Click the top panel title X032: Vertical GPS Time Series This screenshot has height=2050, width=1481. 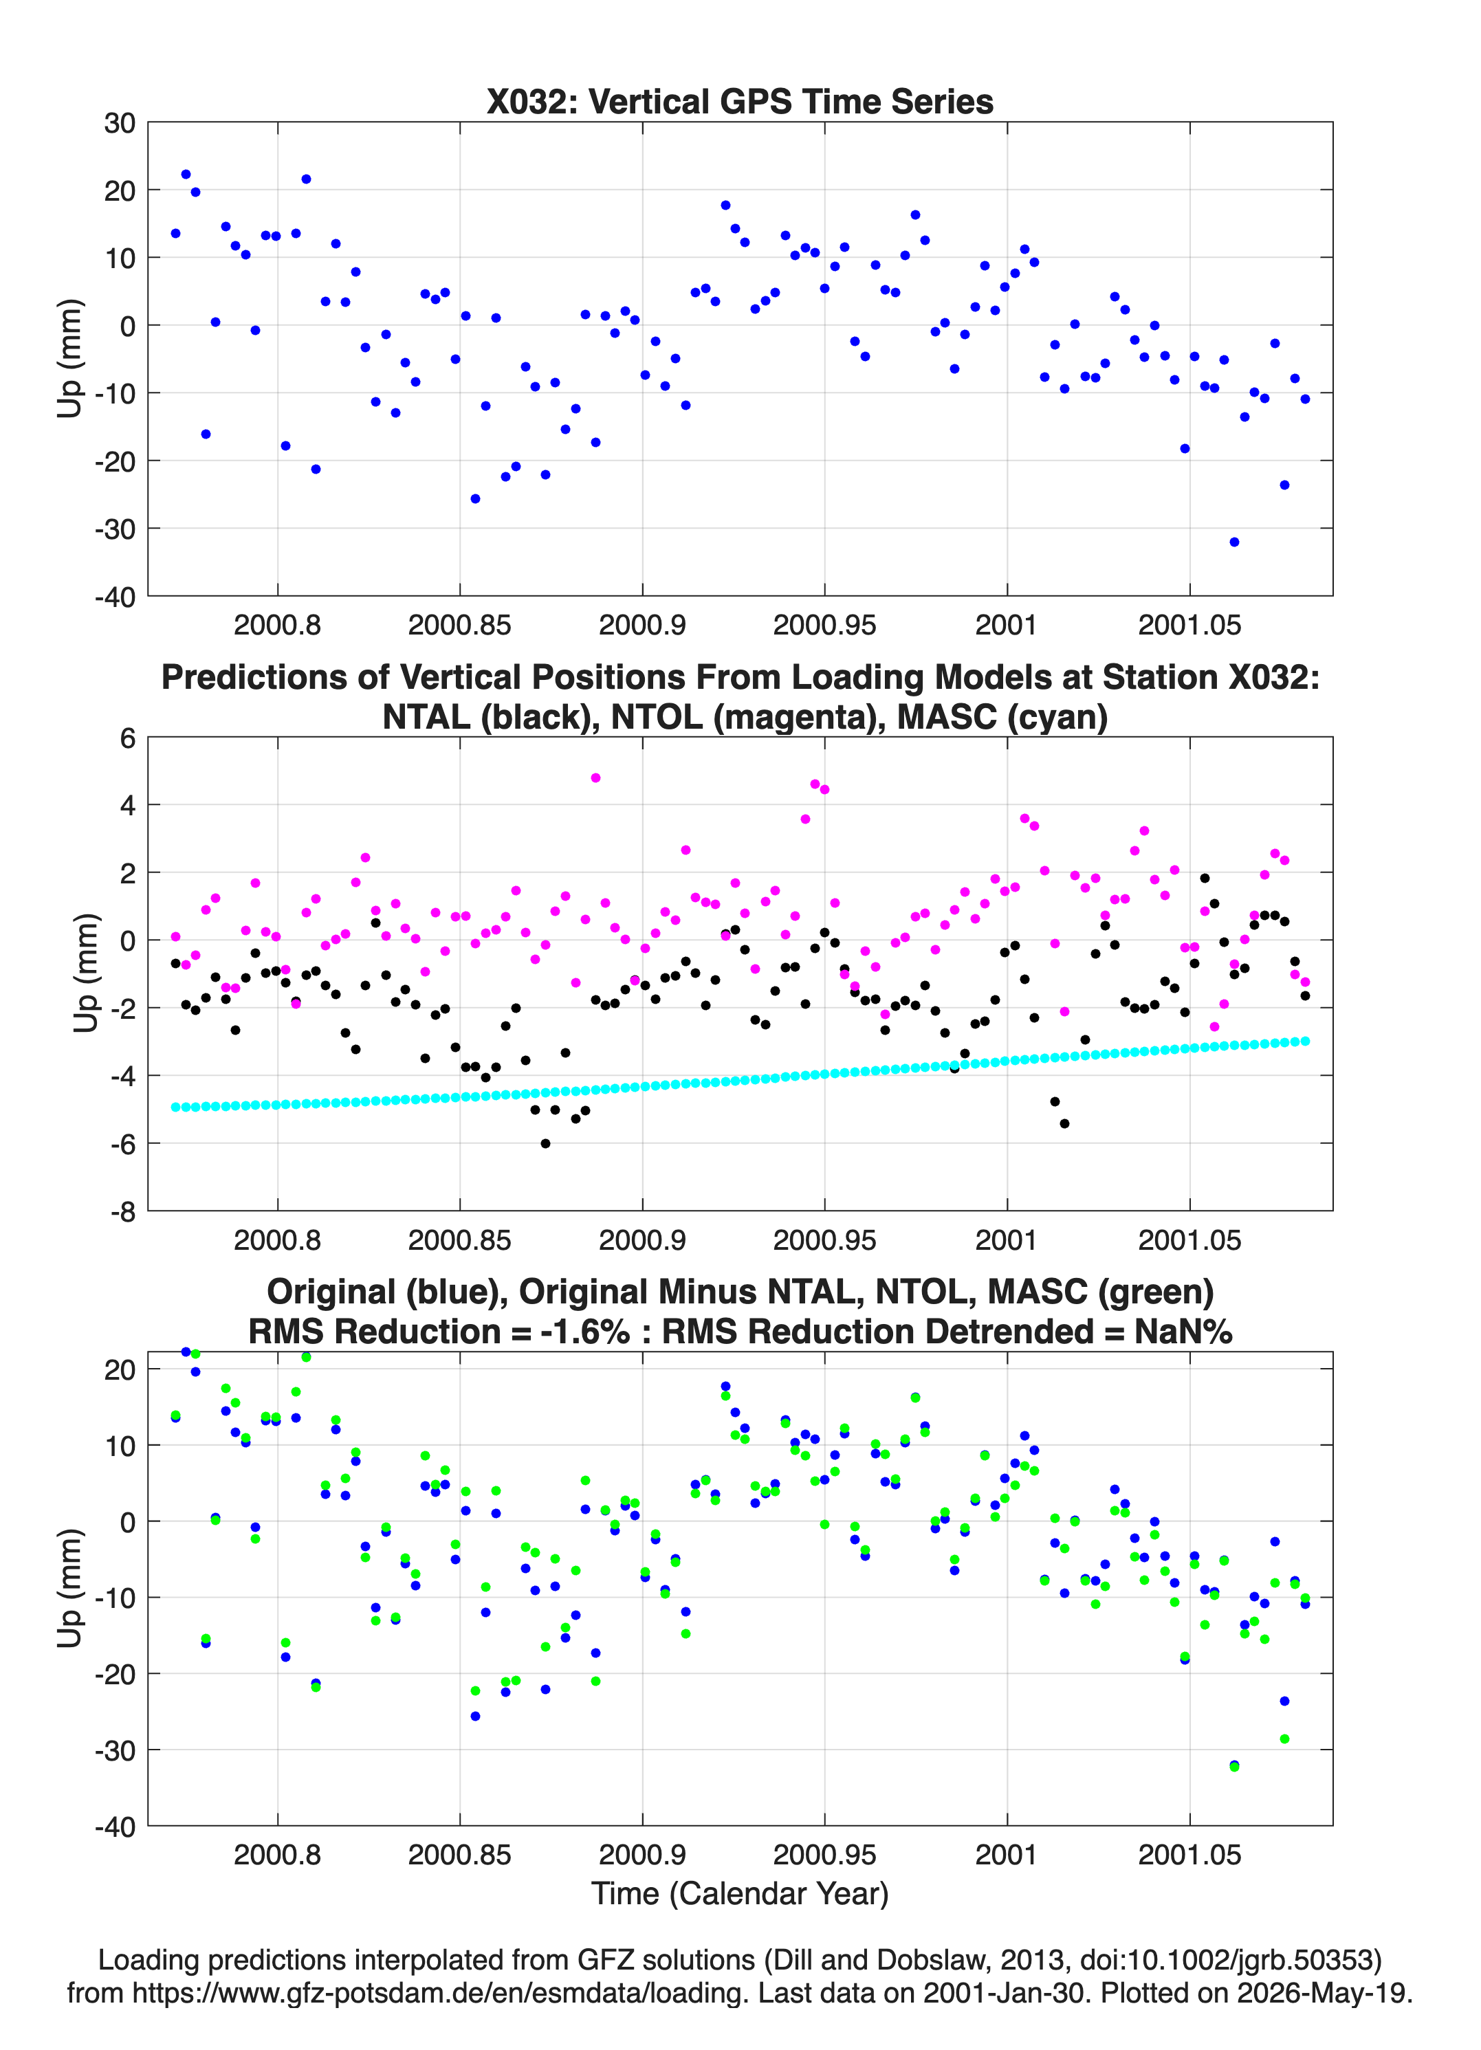(x=740, y=101)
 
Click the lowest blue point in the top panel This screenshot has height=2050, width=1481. (x=1234, y=542)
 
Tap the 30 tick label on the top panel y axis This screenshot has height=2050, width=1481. (x=120, y=123)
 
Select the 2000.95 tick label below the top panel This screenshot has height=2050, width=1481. (x=824, y=625)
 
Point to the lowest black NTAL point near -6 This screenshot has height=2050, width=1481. (x=545, y=1143)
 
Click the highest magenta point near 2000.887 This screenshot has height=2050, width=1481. (x=595, y=778)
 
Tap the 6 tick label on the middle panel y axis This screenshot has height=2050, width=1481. (x=127, y=738)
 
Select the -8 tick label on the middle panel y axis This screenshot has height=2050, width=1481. (x=123, y=1211)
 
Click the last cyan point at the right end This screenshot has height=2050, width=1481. (x=1305, y=1041)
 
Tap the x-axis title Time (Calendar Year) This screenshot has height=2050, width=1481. (x=740, y=1893)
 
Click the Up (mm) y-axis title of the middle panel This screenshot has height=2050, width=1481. (x=85, y=973)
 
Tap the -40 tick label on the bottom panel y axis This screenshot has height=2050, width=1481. (x=115, y=1827)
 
